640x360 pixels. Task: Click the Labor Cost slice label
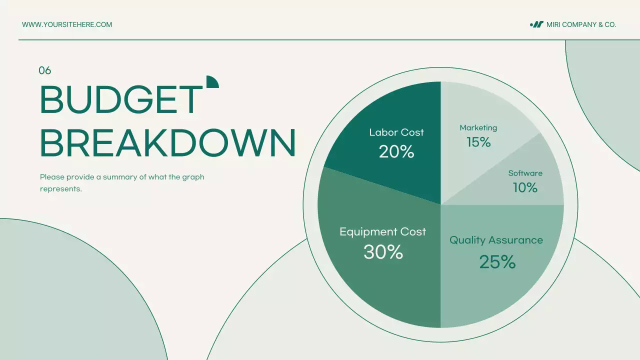(x=396, y=132)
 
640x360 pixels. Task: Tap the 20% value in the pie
(x=396, y=151)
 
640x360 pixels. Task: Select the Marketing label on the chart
(x=478, y=128)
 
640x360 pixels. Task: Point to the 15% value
(x=478, y=142)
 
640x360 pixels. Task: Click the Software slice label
(x=525, y=173)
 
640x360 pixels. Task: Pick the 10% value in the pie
(x=525, y=188)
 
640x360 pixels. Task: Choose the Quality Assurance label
(x=496, y=240)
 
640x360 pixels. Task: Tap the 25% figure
(x=497, y=262)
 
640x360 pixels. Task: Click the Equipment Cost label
(x=382, y=232)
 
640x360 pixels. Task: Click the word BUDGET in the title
(x=120, y=100)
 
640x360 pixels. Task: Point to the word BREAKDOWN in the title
(x=167, y=143)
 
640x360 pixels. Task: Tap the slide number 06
(x=45, y=71)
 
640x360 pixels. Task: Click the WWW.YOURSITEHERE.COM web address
(x=67, y=24)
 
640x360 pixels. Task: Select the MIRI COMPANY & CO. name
(x=581, y=24)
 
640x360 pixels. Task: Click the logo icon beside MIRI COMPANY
(x=536, y=24)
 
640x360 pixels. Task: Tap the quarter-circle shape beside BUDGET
(x=212, y=82)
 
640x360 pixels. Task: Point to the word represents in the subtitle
(x=60, y=189)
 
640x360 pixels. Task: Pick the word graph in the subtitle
(x=193, y=177)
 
